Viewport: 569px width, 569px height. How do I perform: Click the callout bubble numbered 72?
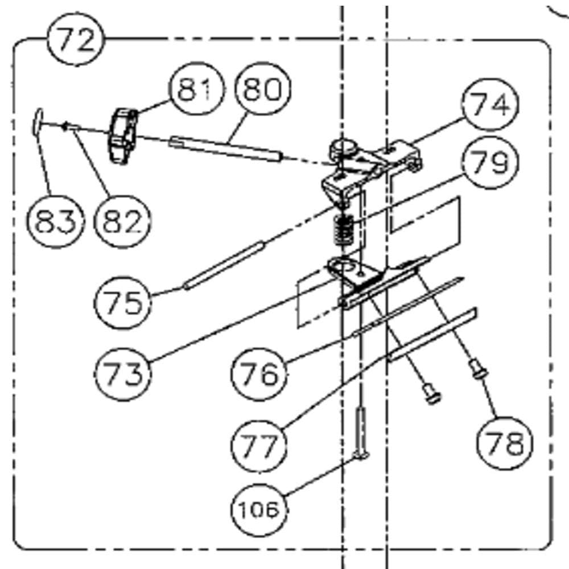(76, 39)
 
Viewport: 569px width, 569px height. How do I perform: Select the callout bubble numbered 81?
(196, 89)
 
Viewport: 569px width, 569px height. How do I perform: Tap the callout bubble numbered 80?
(263, 89)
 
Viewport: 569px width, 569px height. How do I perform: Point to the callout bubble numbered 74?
(490, 104)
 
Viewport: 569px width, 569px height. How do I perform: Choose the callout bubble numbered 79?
(490, 163)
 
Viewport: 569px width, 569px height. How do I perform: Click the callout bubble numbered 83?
(56, 221)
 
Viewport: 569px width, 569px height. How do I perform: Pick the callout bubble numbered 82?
(122, 221)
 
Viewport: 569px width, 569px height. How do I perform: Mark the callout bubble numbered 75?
(122, 302)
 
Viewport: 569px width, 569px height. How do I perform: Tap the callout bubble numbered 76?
(259, 374)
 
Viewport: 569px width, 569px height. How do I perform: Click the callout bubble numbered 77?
(259, 446)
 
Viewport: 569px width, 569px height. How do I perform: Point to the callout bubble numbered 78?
(505, 443)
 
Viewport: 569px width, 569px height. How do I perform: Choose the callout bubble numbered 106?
(259, 509)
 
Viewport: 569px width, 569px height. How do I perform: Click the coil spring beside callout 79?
(343, 230)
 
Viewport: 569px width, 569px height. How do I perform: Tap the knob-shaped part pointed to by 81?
(123, 136)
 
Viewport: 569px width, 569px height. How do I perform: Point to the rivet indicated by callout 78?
(479, 368)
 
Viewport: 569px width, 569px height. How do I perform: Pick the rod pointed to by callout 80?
(225, 149)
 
